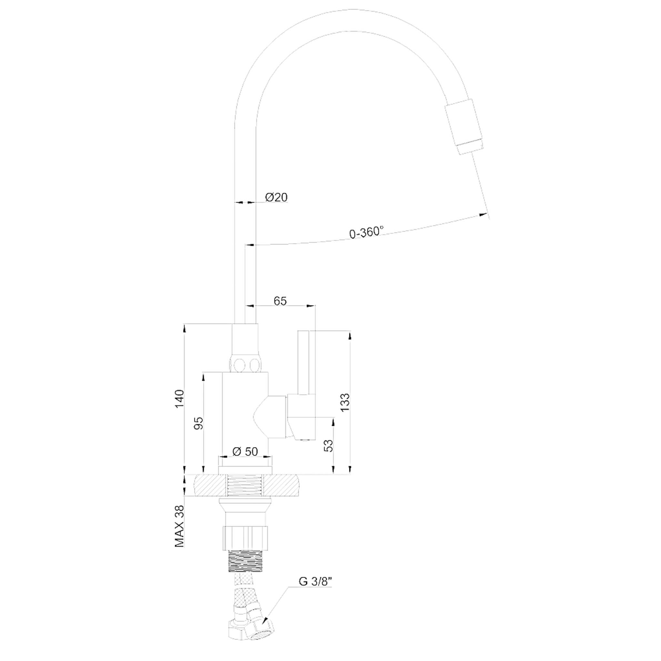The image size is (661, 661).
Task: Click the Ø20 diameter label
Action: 276,198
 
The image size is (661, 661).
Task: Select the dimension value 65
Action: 280,301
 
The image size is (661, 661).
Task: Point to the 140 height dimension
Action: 180,399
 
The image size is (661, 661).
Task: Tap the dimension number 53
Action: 328,446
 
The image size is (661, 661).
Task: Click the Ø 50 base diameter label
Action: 245,452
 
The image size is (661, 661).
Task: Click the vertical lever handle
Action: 303,363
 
